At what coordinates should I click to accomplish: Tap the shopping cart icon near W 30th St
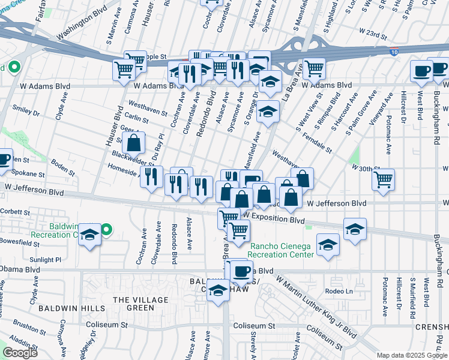[384, 179]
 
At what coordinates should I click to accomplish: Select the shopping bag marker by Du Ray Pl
[133, 143]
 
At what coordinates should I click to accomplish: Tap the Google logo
[20, 353]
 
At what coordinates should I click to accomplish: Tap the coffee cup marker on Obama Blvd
[241, 271]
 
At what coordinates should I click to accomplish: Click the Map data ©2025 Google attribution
[412, 355]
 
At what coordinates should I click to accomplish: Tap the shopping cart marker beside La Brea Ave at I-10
[314, 68]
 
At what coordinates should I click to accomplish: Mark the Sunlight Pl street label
[46, 260]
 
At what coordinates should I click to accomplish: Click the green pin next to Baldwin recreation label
[106, 229]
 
